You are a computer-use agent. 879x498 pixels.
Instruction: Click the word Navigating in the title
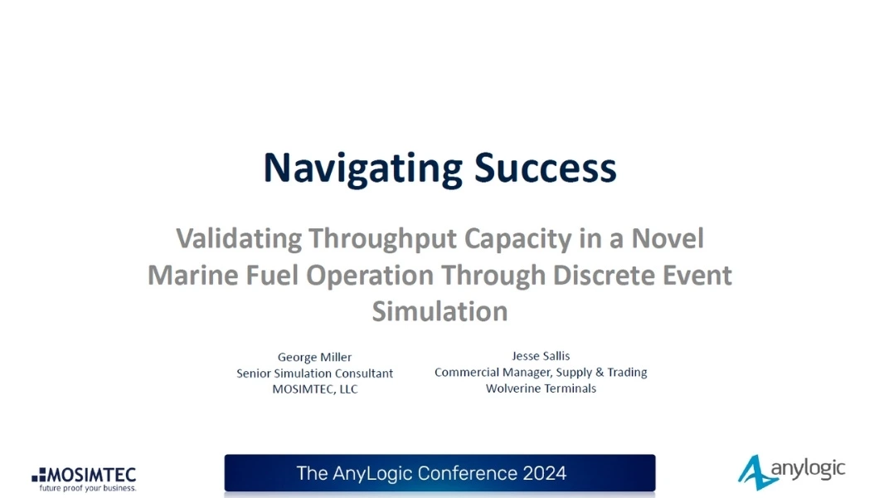363,168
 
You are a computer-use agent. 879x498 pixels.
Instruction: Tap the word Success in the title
546,168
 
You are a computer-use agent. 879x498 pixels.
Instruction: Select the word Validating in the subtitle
239,238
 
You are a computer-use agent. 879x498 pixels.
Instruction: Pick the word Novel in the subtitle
668,238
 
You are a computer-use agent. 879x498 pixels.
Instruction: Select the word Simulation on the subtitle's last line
440,311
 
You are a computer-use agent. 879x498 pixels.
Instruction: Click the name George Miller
314,357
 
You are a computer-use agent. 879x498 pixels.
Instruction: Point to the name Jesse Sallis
541,355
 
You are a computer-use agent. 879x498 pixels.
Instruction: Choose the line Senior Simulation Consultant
314,373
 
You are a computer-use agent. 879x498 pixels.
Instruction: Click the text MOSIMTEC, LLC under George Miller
314,389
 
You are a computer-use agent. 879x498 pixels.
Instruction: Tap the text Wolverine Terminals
541,388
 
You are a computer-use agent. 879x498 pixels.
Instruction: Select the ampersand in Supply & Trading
600,372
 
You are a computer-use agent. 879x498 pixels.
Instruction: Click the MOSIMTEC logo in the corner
84,476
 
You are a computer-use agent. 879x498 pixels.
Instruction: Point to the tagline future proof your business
87,488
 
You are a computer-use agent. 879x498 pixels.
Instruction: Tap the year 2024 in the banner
544,473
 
